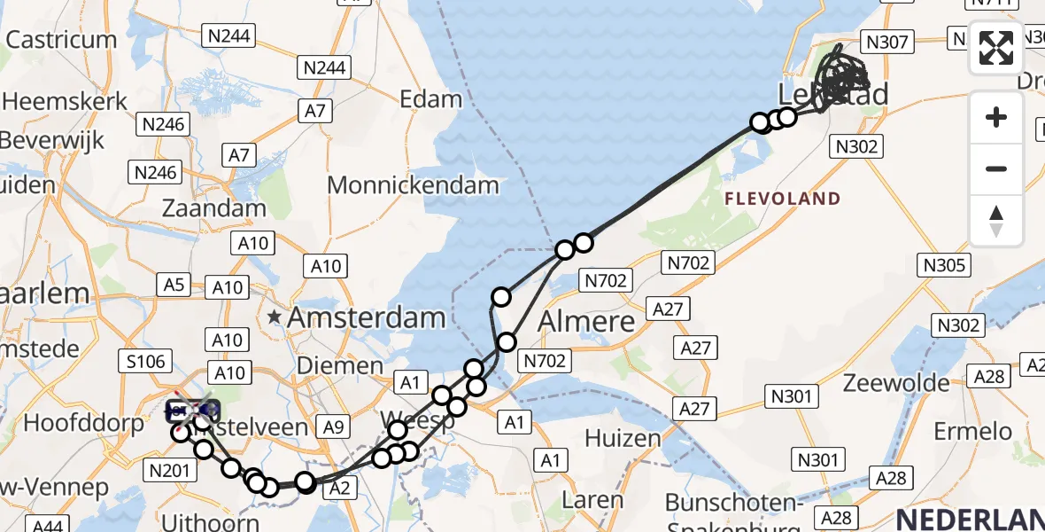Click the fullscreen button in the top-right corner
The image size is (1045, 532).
coord(996,48)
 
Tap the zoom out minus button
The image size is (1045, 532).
coord(996,168)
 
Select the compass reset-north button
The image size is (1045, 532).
coord(996,221)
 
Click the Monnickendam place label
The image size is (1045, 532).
coord(413,185)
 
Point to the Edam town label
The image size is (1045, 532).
coord(431,98)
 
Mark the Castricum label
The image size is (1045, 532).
coord(61,40)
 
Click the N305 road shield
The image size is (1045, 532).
coord(946,264)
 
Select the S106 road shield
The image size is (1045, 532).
coord(145,360)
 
